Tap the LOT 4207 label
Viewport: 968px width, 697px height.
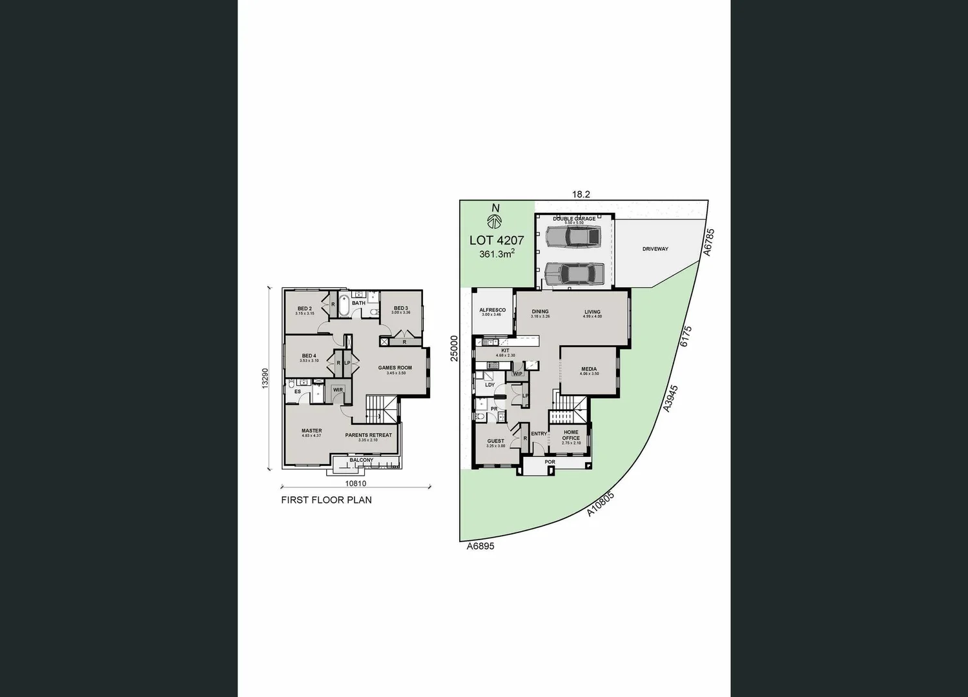point(496,240)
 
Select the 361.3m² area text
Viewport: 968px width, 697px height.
point(496,254)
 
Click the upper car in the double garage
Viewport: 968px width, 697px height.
point(573,236)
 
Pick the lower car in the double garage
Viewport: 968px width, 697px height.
point(574,274)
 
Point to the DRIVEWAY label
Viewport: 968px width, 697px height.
point(655,249)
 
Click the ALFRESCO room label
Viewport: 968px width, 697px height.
point(492,310)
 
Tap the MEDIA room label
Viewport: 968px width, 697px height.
point(588,370)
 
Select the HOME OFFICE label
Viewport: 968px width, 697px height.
point(571,435)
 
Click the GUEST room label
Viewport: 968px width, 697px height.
point(495,441)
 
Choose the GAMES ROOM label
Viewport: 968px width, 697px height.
point(395,368)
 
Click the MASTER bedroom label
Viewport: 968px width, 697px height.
point(311,431)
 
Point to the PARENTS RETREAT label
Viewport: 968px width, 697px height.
point(368,435)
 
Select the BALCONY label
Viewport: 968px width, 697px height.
point(362,460)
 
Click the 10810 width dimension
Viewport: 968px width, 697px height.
point(355,483)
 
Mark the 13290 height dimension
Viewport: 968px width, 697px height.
point(264,378)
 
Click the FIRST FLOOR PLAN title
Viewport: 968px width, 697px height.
point(326,500)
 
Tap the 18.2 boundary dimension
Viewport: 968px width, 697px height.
point(581,194)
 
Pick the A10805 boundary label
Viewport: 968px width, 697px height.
point(601,503)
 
